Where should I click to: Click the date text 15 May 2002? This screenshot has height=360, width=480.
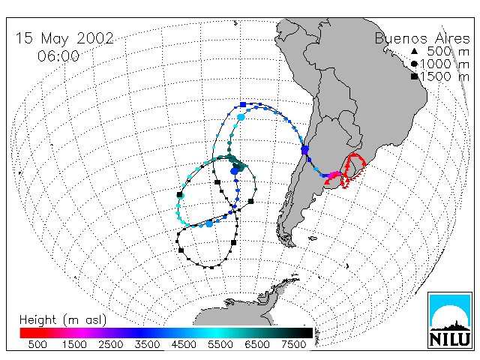64,38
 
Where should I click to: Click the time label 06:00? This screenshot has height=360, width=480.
58,56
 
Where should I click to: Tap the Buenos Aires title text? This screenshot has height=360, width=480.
422,38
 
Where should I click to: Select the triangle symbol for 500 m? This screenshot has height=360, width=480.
414,51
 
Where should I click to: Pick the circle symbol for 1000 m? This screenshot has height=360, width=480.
414,64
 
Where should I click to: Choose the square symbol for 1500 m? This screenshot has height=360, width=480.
415,76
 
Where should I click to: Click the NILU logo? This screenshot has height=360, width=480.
450,320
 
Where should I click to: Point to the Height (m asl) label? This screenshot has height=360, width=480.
63,320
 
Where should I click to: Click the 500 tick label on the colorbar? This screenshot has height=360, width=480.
37,344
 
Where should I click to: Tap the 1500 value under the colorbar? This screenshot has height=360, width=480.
74,344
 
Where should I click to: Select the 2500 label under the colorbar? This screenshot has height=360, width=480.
111,344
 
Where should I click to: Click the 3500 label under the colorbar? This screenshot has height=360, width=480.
147,344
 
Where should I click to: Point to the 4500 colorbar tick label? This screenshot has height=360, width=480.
184,344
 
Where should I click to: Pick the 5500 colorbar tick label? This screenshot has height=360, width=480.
220,344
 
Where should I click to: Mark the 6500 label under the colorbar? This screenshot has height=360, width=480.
257,344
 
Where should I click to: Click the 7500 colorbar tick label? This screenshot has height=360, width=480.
293,344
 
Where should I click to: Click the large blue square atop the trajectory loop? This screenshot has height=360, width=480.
243,105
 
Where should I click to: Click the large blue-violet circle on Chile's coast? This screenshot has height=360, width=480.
305,150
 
